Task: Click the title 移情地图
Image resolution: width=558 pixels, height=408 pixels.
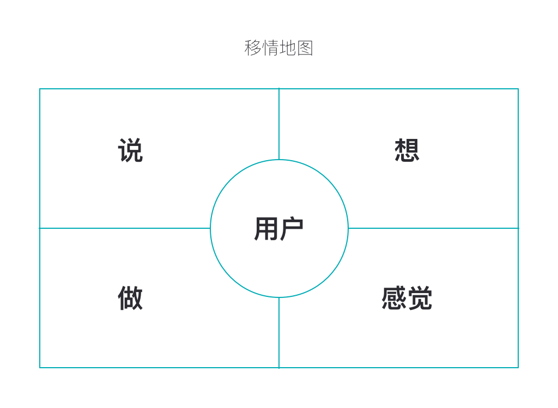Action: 279,48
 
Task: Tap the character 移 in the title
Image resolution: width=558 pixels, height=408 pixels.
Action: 253,48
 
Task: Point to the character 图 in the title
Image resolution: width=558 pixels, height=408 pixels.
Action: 305,48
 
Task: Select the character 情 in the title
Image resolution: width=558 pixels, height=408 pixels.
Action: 270,48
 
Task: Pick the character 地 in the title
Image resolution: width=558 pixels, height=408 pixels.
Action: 288,48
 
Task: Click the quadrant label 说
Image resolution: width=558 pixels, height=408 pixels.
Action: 130,150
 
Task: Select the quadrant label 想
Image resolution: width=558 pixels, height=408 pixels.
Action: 407,150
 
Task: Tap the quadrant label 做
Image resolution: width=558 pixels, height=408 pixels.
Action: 130,298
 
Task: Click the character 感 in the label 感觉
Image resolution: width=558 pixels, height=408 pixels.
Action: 394,298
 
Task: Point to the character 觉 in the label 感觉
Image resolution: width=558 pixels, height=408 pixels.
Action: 420,298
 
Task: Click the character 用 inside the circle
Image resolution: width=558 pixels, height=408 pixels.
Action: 266,229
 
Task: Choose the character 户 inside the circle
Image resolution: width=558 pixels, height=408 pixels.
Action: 292,229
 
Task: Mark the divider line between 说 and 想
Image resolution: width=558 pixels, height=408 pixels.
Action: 279,124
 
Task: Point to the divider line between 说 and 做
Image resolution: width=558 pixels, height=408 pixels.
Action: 125,228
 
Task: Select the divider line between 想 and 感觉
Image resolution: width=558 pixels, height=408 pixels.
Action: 433,228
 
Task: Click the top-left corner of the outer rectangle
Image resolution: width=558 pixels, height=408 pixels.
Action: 40,89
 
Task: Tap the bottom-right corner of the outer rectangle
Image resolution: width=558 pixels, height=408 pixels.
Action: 518,368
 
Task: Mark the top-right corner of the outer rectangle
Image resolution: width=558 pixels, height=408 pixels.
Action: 518,89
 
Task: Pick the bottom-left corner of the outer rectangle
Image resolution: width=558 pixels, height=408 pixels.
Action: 40,368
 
